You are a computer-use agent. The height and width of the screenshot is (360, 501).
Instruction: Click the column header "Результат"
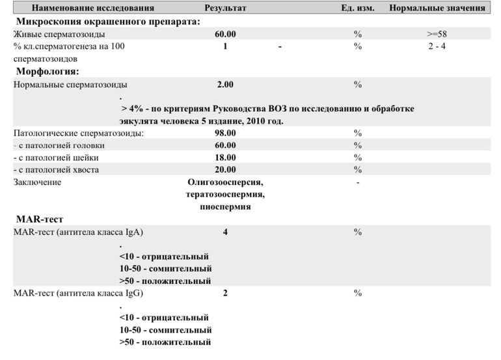(x=225, y=8)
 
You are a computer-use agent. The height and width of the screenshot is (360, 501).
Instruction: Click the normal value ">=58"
(x=437, y=33)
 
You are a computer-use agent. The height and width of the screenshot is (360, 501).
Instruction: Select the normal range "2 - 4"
(x=437, y=46)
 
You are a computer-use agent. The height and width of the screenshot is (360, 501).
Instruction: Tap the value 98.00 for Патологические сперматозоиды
(x=225, y=133)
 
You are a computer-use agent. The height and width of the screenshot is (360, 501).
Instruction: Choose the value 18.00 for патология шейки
(x=225, y=158)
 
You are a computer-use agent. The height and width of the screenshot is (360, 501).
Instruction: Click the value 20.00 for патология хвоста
(x=225, y=170)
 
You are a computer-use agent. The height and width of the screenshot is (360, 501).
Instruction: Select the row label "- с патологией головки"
(x=59, y=145)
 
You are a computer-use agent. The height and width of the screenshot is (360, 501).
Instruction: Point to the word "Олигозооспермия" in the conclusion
(x=225, y=182)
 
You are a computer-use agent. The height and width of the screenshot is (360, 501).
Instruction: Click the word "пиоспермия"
(x=225, y=207)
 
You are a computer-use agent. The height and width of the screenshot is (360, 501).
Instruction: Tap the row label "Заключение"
(x=38, y=182)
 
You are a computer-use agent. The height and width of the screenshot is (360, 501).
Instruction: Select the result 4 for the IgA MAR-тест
(x=225, y=232)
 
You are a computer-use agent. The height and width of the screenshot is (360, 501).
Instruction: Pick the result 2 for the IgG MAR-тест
(x=225, y=293)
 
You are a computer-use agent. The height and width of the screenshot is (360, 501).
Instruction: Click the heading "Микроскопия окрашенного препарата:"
(x=107, y=21)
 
